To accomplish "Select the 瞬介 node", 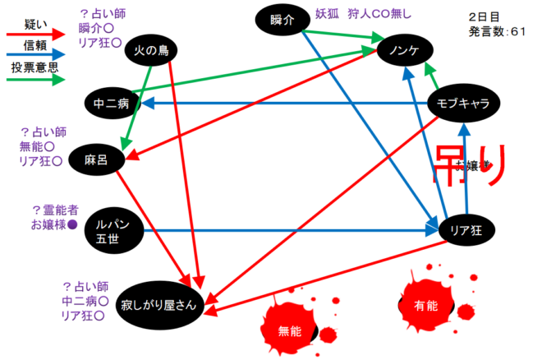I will (282, 20).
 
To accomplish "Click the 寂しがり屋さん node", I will (158, 305).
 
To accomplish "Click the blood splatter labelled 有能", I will (425, 304).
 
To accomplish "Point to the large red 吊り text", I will (466, 165).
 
